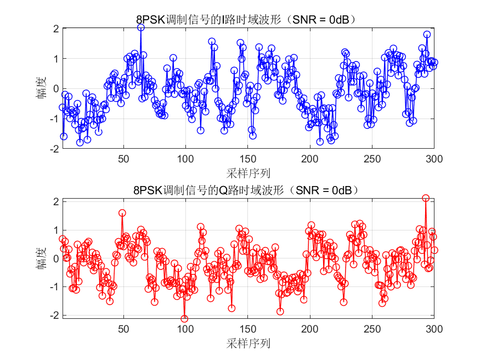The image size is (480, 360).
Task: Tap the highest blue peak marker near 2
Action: tap(141, 27)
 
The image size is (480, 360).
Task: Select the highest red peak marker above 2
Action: tap(426, 198)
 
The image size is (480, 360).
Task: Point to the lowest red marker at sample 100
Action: tap(184, 318)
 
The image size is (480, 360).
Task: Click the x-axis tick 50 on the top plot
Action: tap(123, 158)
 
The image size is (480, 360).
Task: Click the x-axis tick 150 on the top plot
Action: tap(247, 158)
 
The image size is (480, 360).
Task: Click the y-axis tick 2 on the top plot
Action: tap(55, 29)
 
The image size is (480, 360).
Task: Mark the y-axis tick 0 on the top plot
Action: tap(55, 88)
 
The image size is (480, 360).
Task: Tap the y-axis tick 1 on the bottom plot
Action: tap(55, 230)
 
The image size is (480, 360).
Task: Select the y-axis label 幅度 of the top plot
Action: tap(41, 88)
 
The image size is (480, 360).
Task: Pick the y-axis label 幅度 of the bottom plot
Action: tap(41, 258)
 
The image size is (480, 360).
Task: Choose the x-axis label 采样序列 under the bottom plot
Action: tap(248, 344)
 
